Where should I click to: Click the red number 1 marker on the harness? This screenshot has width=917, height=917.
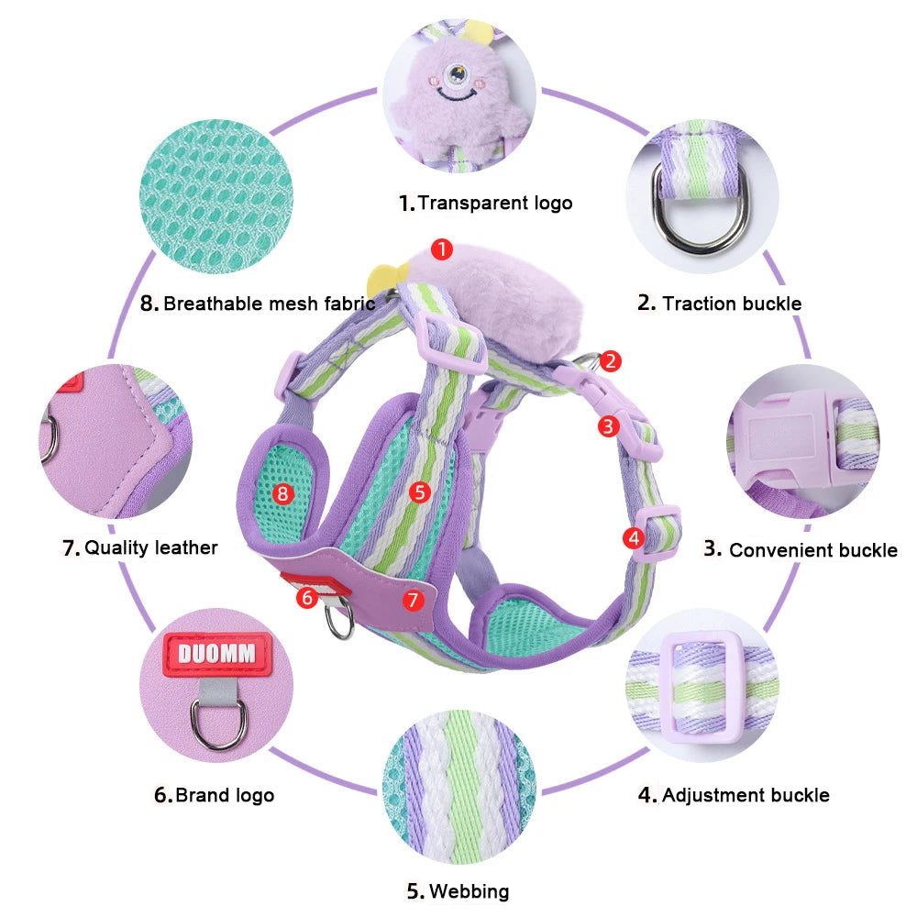point(442,249)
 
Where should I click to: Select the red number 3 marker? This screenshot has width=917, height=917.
point(608,425)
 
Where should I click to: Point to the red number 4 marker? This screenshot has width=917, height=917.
point(633,538)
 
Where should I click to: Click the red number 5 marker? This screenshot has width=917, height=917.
point(420,492)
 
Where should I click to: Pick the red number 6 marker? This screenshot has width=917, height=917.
point(308,597)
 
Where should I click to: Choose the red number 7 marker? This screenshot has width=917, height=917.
point(413,600)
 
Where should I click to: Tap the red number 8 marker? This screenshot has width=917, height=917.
point(282,493)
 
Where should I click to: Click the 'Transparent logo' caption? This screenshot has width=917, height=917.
point(485,203)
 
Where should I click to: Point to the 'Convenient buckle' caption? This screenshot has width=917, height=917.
point(801,549)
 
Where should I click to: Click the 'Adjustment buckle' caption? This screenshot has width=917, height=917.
point(734,795)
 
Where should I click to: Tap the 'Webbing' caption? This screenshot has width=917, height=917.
point(458,890)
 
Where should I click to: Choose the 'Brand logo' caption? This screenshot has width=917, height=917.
point(214,795)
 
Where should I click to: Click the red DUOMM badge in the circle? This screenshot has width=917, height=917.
point(218,655)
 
